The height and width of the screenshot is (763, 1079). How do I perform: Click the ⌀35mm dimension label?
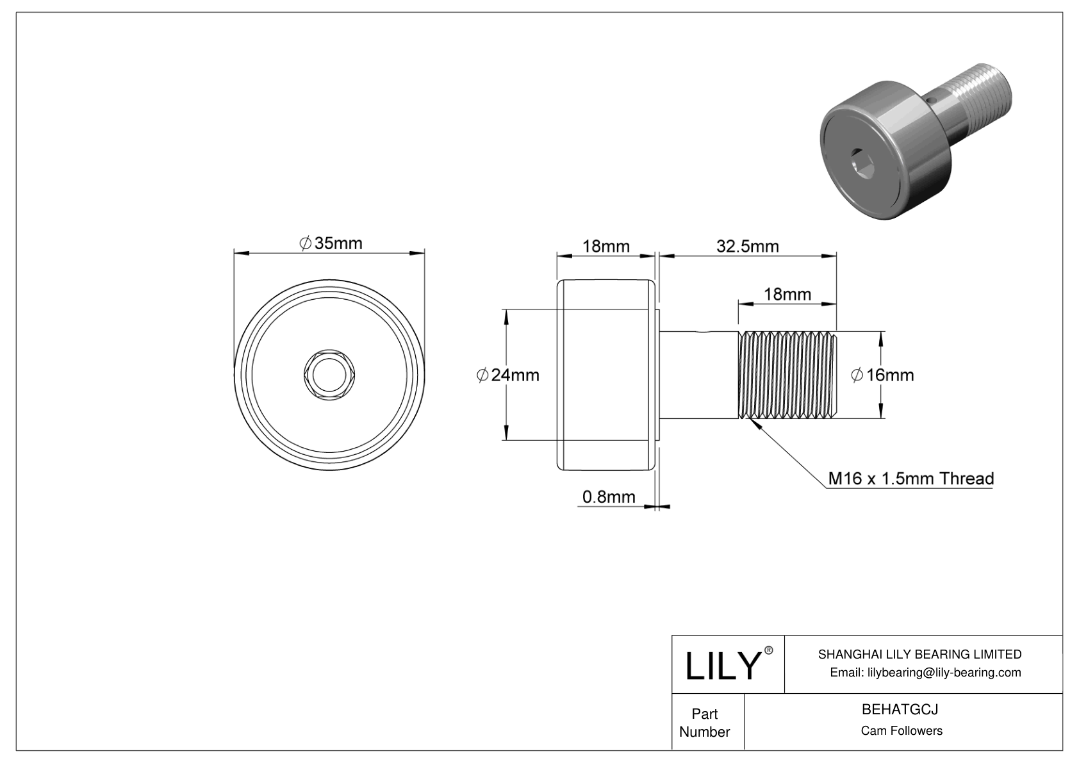click(x=331, y=243)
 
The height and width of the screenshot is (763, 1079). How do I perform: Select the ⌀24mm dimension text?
click(x=508, y=375)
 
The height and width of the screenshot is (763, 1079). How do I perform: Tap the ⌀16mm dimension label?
click(x=882, y=375)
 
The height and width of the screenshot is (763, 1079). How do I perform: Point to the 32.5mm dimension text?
click(x=747, y=246)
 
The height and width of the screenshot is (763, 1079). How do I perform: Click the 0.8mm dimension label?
click(x=608, y=496)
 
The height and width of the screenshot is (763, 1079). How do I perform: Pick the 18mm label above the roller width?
click(x=605, y=246)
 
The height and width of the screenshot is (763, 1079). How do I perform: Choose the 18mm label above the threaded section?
click(x=787, y=294)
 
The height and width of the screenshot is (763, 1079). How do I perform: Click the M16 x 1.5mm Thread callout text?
click(x=910, y=479)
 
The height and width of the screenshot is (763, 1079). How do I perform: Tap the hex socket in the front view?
click(x=329, y=375)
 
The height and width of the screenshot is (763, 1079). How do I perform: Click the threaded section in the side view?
click(x=788, y=375)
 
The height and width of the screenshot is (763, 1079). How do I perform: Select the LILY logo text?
click(x=721, y=666)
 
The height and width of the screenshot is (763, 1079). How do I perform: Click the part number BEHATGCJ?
click(x=900, y=710)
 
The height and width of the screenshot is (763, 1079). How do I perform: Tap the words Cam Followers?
click(x=901, y=731)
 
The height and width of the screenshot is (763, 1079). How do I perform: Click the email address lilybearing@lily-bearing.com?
click(x=925, y=672)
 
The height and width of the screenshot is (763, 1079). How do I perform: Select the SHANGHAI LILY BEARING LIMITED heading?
click(x=919, y=654)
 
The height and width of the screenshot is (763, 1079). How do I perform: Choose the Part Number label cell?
click(x=704, y=723)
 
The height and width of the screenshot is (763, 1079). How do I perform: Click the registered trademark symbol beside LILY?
click(x=769, y=650)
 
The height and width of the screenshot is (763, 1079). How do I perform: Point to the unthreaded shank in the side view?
click(x=699, y=375)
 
